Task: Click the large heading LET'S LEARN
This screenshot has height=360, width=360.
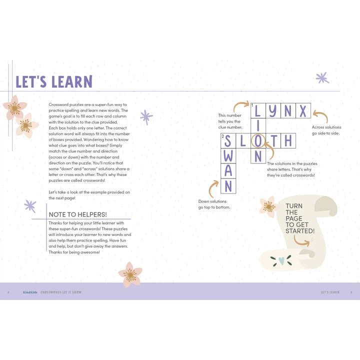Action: (x=54, y=81)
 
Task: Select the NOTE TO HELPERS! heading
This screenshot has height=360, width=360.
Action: (x=77, y=214)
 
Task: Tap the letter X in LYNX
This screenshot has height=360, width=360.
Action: (x=303, y=110)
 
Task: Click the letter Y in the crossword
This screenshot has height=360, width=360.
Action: (x=272, y=110)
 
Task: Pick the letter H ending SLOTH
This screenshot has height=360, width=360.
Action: (x=288, y=141)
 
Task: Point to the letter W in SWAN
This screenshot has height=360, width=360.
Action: (x=228, y=156)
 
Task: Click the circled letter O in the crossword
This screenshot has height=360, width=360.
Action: (x=258, y=141)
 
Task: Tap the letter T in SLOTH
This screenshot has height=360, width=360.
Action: (x=273, y=141)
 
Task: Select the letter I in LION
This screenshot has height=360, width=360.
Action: (x=258, y=125)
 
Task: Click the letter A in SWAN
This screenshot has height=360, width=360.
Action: (x=228, y=171)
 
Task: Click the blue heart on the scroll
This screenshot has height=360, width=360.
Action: (x=282, y=260)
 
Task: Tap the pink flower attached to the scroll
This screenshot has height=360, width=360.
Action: (x=268, y=206)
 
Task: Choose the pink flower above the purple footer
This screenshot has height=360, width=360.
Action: (x=130, y=274)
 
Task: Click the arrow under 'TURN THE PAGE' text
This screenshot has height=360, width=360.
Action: (x=301, y=240)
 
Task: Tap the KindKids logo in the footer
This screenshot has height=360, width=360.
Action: (x=30, y=292)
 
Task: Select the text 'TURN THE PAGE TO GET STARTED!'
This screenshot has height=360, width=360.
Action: (x=300, y=218)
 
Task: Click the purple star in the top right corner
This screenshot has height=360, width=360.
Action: (x=322, y=77)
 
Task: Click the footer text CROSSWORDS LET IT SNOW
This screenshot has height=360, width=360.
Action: (x=60, y=292)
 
